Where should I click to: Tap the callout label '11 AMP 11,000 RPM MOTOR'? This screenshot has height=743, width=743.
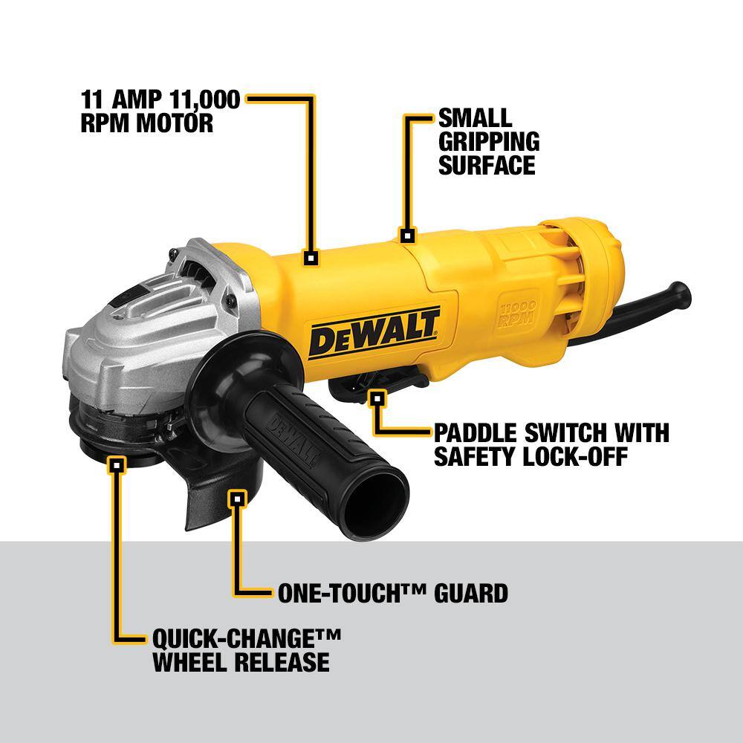(160, 111)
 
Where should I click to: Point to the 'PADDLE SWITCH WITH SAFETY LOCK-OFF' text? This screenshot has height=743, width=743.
(551, 444)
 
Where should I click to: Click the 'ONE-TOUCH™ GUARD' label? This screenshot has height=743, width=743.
(392, 592)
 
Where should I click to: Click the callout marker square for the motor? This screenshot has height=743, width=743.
(311, 258)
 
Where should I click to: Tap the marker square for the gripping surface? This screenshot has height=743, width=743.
(406, 236)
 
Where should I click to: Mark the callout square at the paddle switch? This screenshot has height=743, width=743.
(377, 399)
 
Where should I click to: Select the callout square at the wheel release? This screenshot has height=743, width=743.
(116, 466)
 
